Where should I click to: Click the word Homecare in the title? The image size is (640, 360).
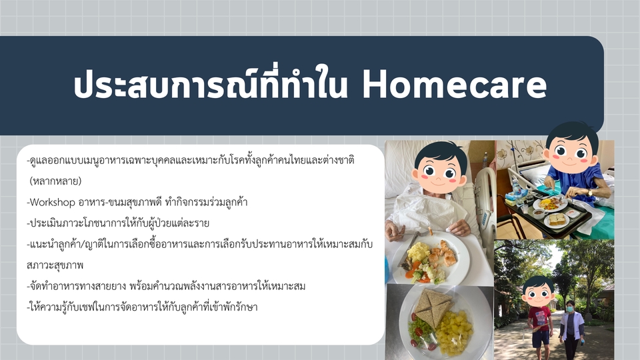[454, 85]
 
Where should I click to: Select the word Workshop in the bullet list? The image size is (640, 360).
[53, 203]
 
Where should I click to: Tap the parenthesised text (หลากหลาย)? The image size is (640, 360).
[55, 181]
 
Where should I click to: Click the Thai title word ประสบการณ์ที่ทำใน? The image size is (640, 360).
[210, 84]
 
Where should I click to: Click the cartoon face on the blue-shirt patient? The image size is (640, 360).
[571, 150]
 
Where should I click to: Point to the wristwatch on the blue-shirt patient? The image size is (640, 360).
[589, 192]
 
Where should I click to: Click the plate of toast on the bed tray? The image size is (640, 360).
[556, 221]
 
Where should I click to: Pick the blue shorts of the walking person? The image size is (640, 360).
[540, 337]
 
